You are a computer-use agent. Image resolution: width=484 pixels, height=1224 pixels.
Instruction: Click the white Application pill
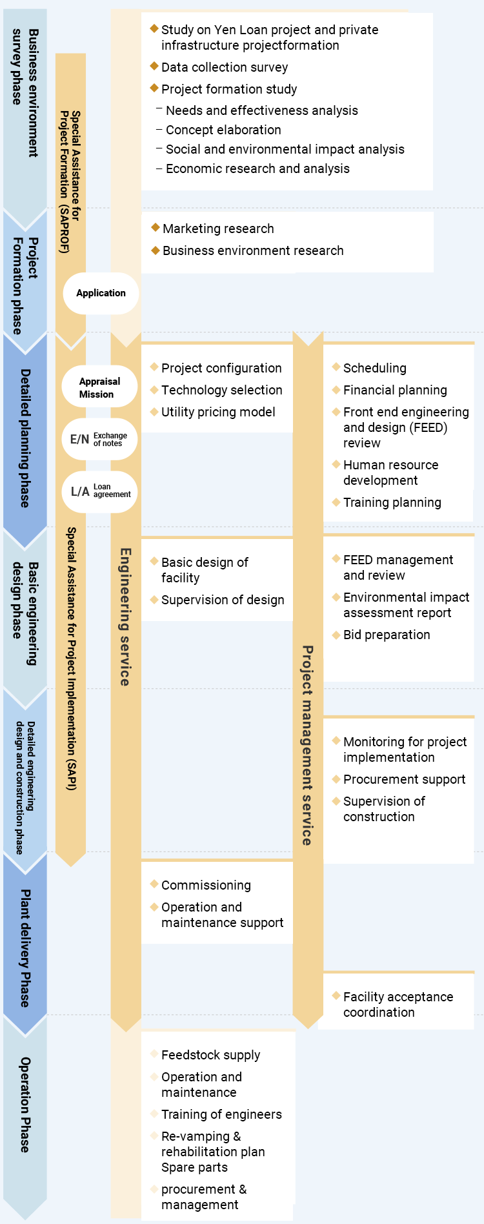(101, 293)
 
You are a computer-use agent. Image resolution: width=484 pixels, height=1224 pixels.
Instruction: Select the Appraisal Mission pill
(99, 387)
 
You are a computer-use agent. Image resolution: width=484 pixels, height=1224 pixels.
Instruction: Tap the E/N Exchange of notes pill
(99, 439)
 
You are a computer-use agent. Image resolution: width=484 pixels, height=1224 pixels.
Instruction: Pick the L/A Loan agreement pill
(99, 491)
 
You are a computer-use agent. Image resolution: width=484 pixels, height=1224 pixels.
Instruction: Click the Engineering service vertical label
(125, 617)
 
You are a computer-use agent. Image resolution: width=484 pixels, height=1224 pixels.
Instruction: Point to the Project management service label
(307, 745)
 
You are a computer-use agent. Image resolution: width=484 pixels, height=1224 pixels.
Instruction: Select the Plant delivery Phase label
(25, 947)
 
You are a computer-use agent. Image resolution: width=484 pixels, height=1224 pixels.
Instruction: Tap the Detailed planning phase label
(25, 438)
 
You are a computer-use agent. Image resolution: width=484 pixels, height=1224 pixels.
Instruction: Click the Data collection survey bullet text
(225, 67)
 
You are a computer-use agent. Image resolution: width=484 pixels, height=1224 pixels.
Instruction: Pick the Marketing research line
(218, 229)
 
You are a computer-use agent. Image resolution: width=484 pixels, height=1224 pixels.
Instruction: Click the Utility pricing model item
(218, 412)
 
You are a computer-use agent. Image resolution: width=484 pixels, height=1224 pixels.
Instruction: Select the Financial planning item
(395, 390)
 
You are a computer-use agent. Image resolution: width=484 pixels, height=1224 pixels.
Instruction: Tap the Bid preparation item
(387, 635)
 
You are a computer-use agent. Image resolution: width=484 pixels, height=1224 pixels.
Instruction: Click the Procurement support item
(404, 779)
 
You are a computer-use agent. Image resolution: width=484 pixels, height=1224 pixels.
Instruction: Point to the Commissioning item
(206, 885)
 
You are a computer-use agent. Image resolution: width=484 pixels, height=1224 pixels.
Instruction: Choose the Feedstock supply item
(210, 1055)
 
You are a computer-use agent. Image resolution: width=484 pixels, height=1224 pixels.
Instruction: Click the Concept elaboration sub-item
(223, 130)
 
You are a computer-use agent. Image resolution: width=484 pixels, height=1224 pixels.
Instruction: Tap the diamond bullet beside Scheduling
(336, 367)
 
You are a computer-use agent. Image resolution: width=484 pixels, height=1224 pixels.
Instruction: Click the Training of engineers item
(221, 1114)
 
